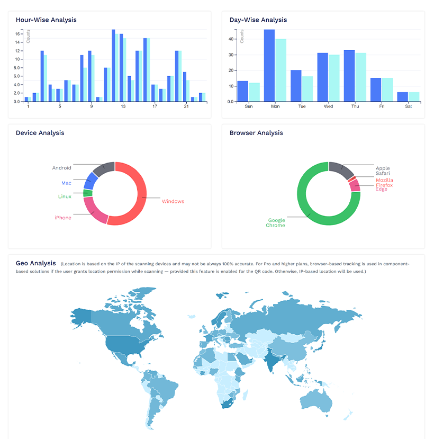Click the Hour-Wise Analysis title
coord(46,20)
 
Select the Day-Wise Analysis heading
coord(258,20)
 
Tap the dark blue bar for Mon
coord(269,65)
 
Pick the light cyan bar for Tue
coord(308,88)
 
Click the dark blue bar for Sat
coord(402,96)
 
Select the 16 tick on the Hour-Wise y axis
coord(17,34)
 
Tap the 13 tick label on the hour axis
coord(123,106)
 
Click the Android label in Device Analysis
coord(61,168)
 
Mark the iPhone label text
coord(62,218)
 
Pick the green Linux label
coord(65,196)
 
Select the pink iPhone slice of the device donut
coord(94,210)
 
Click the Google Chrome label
coord(276,223)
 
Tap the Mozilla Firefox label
coord(384,183)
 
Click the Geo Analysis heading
coord(35,263)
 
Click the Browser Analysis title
coord(256,133)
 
